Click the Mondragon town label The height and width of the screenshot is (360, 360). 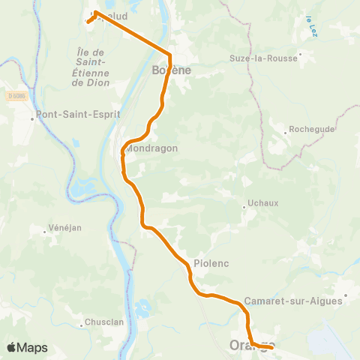[152, 148]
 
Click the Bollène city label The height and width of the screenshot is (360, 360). [172, 70]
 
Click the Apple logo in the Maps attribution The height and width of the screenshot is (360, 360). [11, 348]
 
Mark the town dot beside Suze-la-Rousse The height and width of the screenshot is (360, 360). [300, 54]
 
